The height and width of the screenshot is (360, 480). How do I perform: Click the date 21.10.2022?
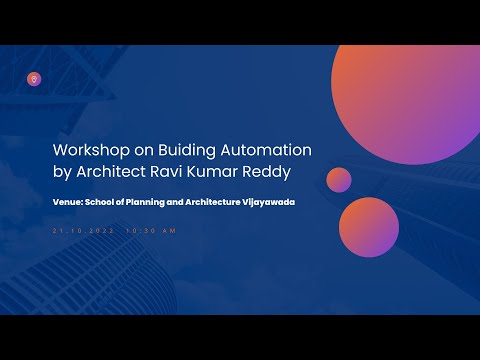click(82, 231)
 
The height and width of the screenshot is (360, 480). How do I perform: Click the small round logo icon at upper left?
click(34, 77)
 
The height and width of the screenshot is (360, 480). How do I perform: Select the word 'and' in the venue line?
click(181, 202)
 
